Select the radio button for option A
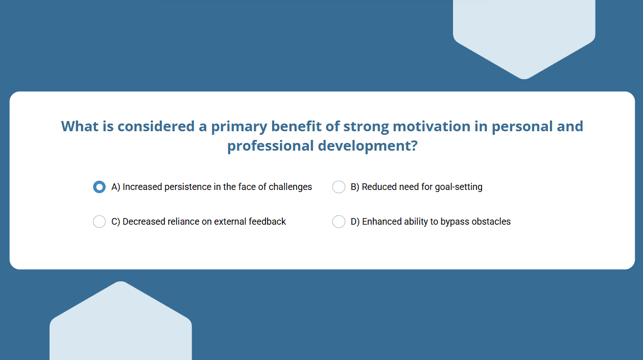click(99, 187)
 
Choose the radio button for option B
click(339, 187)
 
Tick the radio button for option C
click(99, 222)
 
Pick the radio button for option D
click(339, 222)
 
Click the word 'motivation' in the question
click(432, 126)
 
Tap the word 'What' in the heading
click(80, 126)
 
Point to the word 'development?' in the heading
click(368, 146)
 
